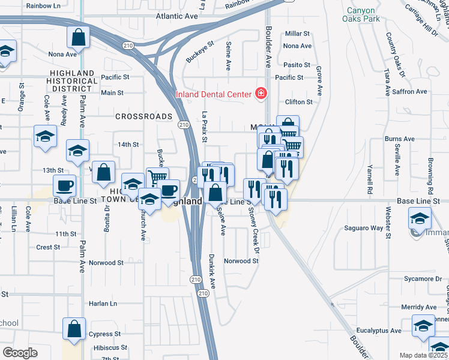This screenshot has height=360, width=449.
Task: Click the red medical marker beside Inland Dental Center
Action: click(x=261, y=93)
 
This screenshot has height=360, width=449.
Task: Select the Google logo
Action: click(x=20, y=352)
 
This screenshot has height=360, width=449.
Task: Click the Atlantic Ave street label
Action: click(x=176, y=16)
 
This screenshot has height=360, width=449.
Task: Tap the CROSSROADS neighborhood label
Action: click(x=143, y=116)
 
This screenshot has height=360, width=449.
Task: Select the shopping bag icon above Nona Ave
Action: click(x=79, y=37)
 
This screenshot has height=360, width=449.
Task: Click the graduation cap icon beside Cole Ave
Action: click(x=46, y=136)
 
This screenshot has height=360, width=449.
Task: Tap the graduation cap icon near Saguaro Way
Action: click(x=420, y=217)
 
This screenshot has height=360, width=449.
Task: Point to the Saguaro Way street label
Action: click(x=363, y=228)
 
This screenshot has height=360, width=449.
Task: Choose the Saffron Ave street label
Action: click(x=409, y=91)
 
